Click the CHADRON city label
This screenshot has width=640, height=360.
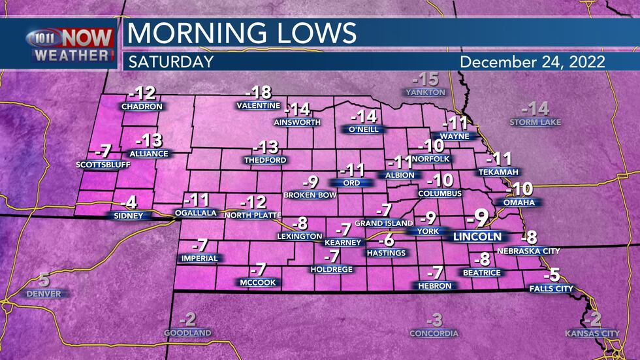click(x=142, y=106)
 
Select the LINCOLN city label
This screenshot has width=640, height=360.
click(x=477, y=237)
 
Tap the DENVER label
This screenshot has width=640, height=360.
click(x=44, y=294)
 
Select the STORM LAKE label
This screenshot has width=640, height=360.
click(x=536, y=122)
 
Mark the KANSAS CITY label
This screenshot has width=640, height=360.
click(x=592, y=333)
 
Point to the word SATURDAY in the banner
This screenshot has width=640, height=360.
click(x=170, y=62)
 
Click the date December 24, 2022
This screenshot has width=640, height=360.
click(x=532, y=62)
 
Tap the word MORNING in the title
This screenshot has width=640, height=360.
click(x=189, y=33)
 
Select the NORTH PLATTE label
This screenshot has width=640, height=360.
click(x=252, y=215)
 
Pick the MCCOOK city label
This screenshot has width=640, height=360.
click(x=257, y=282)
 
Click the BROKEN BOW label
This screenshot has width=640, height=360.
click(x=310, y=195)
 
